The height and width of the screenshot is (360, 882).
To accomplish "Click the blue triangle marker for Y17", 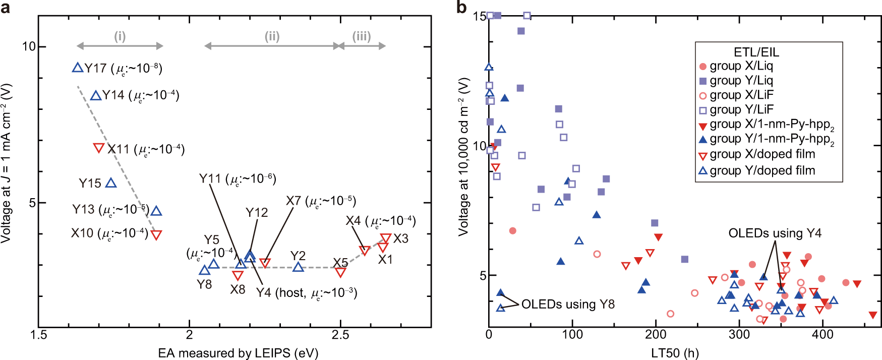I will point(77,68).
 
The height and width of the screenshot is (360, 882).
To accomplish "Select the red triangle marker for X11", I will point(99,148).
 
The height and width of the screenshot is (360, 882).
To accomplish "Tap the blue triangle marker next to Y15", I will point(111,183).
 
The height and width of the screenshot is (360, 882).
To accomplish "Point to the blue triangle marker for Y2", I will point(298,267).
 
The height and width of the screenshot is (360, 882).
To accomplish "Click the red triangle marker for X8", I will point(238,275).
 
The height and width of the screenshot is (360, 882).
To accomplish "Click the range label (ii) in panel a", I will point(272,36).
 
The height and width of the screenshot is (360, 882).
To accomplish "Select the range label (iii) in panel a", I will point(361,36).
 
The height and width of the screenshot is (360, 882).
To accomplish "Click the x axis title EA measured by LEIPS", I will point(238,353).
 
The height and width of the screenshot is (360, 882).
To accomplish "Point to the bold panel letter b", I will point(461,7).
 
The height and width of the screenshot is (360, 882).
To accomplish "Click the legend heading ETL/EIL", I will point(756,52).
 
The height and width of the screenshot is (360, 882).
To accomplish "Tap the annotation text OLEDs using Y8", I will point(568,305).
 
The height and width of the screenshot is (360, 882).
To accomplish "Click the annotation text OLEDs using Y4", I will point(775,233).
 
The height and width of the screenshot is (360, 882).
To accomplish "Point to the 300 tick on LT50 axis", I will point(739,335).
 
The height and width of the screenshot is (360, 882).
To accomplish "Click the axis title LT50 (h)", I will point(675,353).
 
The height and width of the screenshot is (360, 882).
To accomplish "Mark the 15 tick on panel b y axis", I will point(479,16).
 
